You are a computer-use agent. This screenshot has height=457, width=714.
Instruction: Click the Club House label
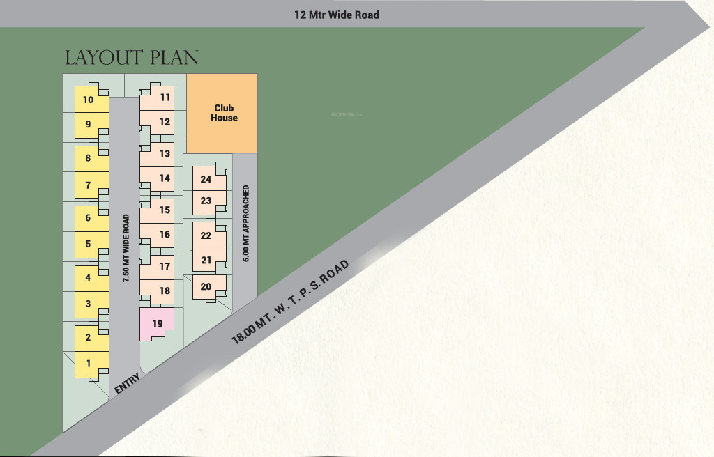pos(225,113)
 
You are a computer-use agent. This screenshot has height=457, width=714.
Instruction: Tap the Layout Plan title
pos(132,58)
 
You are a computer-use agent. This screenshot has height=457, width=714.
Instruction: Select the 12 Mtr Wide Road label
pos(336,15)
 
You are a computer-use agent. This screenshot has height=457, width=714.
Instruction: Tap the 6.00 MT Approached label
pos(245,223)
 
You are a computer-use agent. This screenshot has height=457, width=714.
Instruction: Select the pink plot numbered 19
pos(157,323)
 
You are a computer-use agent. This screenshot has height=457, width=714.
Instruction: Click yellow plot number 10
pos(89,100)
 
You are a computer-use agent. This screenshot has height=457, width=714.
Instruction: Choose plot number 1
pos(89,363)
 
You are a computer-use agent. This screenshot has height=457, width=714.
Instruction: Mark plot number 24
pos(206,179)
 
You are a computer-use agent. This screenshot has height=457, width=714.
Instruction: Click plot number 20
pos(206,286)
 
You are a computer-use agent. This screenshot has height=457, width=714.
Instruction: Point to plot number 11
pos(165,98)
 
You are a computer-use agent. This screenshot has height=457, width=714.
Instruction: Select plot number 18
pos(165,291)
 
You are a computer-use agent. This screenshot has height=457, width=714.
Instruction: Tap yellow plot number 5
pos(89,245)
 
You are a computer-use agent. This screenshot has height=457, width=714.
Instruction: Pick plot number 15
pos(165,210)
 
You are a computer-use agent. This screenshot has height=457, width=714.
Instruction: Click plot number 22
pos(206,235)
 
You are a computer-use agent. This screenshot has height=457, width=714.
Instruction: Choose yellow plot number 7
pos(89,185)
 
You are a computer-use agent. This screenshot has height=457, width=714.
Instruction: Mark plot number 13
pos(165,153)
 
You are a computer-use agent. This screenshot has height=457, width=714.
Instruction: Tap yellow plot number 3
pos(89,304)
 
